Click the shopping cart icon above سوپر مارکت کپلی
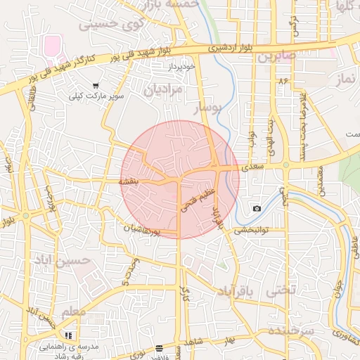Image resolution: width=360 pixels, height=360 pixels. pyautogui.click(x=96, y=85)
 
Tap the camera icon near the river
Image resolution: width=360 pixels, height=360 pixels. pyautogui.click(x=257, y=208)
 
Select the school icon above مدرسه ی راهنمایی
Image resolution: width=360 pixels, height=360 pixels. pyautogui.click(x=69, y=336)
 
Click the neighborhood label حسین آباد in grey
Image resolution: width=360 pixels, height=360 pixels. pyautogui.click(x=62, y=261)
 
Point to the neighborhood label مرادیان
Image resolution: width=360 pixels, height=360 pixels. pyautogui.click(x=162, y=90)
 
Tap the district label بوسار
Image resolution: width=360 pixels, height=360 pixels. pyautogui.click(x=207, y=108)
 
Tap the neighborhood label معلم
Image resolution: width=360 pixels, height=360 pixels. pyautogui.click(x=73, y=311)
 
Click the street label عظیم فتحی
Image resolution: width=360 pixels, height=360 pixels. pyautogui.click(x=195, y=195)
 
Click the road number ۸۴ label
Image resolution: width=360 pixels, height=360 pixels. pyautogui.click(x=284, y=82)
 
